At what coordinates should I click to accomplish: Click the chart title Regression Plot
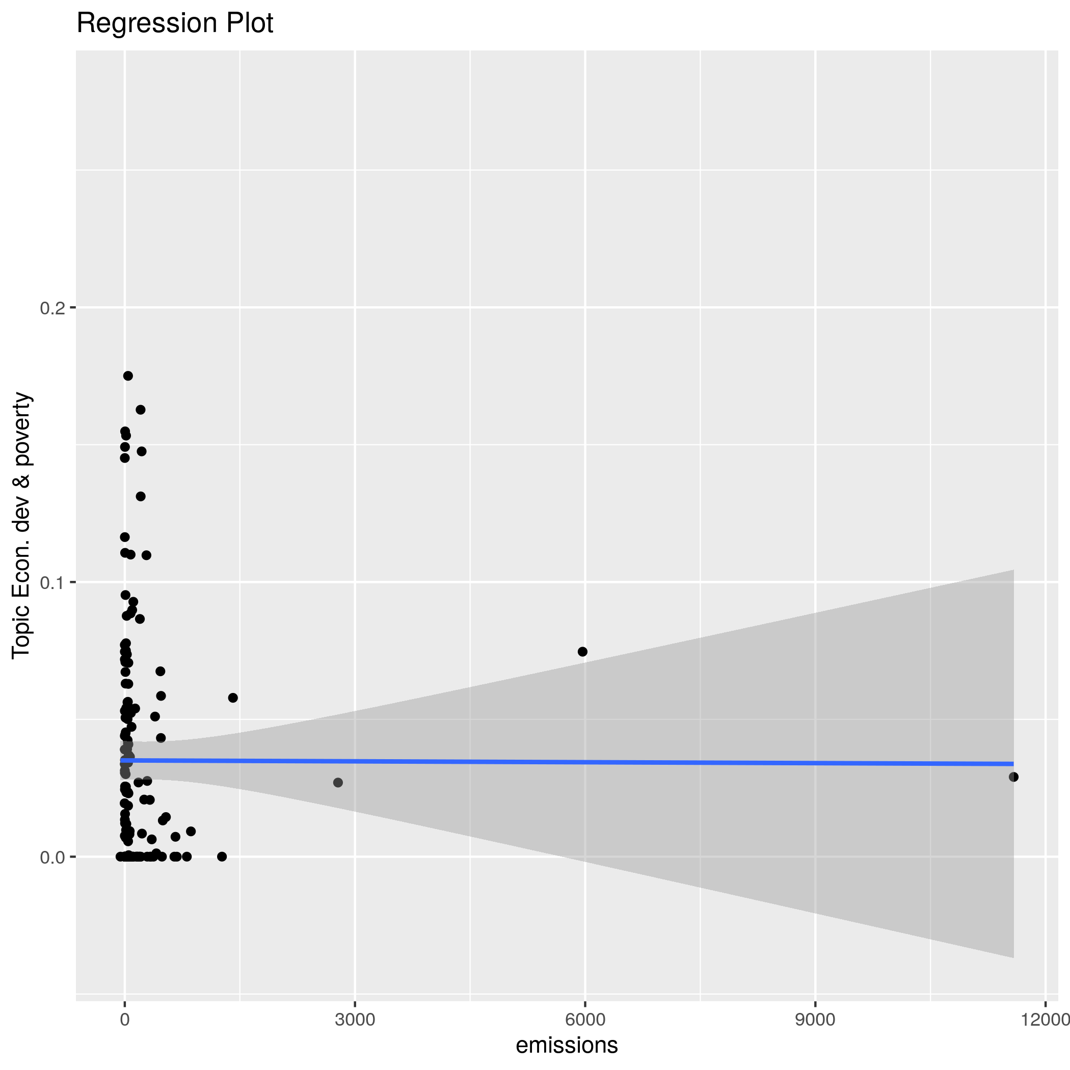[x=174, y=23]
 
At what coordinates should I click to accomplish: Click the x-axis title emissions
[x=567, y=1045]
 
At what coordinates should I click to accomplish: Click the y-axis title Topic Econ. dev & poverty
[x=22, y=525]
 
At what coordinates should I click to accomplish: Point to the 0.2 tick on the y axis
[x=52, y=308]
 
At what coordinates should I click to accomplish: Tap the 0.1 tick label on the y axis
[x=52, y=582]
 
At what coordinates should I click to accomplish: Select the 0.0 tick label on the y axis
[x=52, y=858]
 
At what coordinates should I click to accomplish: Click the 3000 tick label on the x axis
[x=355, y=1020]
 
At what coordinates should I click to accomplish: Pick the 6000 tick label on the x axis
[x=585, y=1020]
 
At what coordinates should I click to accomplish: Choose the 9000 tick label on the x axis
[x=815, y=1020]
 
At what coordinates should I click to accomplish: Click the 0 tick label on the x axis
[x=125, y=1020]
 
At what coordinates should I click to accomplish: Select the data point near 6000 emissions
[x=582, y=652]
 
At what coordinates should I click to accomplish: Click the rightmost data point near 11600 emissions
[x=1013, y=777]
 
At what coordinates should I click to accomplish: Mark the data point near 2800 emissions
[x=338, y=783]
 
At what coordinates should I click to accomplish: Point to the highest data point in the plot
[x=128, y=376]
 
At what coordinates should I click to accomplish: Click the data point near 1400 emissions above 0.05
[x=233, y=698]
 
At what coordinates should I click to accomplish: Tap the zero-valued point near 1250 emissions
[x=222, y=857]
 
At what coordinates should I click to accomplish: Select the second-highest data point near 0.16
[x=141, y=410]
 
